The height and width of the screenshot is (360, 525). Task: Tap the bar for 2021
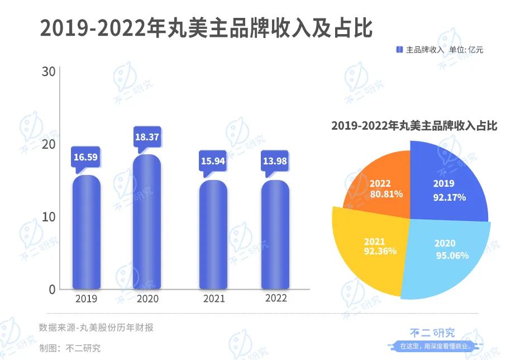click(213, 235)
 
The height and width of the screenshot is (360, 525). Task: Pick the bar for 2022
click(275, 235)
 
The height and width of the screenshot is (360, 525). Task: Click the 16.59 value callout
click(85, 157)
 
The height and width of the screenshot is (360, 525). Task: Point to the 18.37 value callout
click(147, 136)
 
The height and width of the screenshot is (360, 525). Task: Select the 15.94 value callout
click(213, 162)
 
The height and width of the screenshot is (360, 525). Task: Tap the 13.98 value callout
click(275, 162)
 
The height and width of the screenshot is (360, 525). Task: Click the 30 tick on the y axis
click(49, 72)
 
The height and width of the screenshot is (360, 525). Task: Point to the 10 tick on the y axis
click(49, 216)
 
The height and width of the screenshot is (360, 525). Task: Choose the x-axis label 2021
click(213, 299)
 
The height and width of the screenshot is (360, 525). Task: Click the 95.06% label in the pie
click(452, 255)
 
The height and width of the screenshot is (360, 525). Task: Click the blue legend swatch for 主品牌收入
click(399, 50)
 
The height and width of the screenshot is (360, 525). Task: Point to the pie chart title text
click(414, 126)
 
